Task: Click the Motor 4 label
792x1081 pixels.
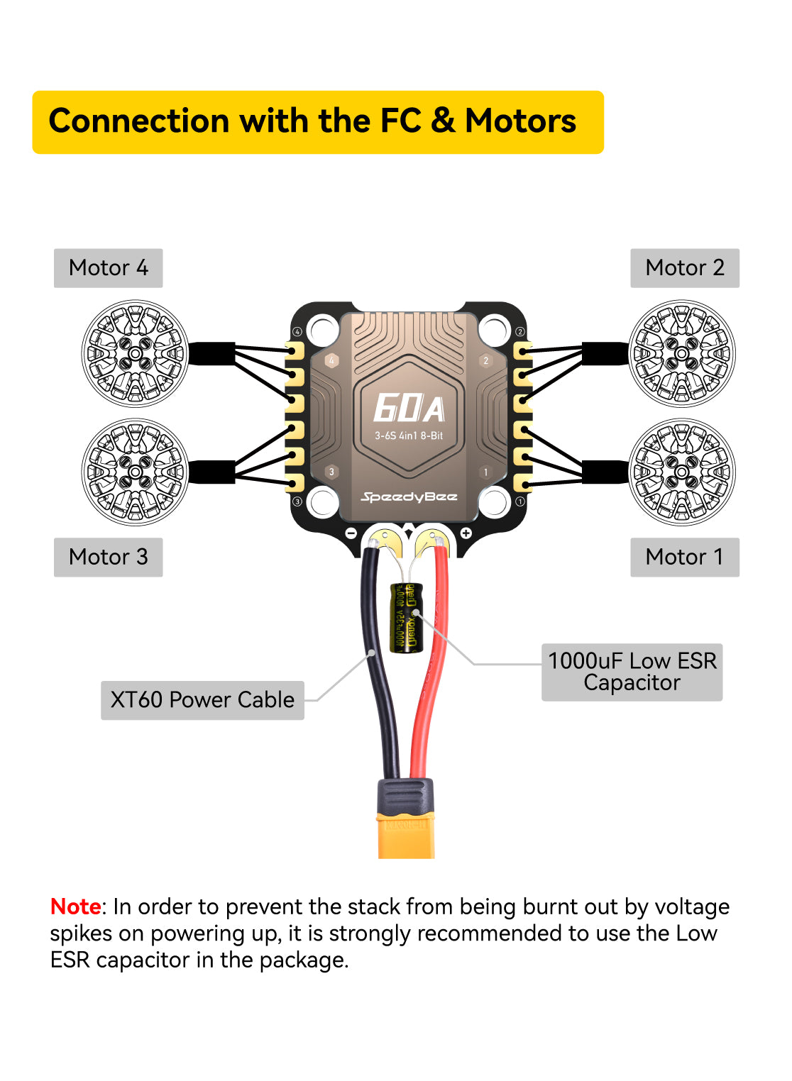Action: pos(108,268)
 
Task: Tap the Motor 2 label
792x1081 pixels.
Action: pos(684,268)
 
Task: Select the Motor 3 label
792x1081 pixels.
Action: pos(108,557)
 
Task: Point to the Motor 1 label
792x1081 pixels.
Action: pos(684,557)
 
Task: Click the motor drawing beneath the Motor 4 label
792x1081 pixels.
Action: pos(136,353)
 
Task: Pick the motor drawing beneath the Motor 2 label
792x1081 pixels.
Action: pos(681,353)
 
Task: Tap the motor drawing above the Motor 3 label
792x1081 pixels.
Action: pos(136,472)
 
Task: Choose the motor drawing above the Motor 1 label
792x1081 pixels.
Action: pos(681,472)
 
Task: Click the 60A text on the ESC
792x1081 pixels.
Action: pos(409,409)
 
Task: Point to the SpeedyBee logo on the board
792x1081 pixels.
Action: pos(409,497)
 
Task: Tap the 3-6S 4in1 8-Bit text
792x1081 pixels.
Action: pos(409,436)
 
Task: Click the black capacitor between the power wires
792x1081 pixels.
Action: pos(406,617)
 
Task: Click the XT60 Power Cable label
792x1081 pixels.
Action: pos(202,700)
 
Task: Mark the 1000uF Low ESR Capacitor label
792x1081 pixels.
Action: pos(632,672)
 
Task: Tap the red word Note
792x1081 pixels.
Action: pos(75,907)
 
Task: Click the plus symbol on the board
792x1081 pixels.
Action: pos(466,533)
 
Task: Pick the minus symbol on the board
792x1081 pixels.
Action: pos(351,533)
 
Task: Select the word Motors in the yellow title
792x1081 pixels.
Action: pos(520,121)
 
